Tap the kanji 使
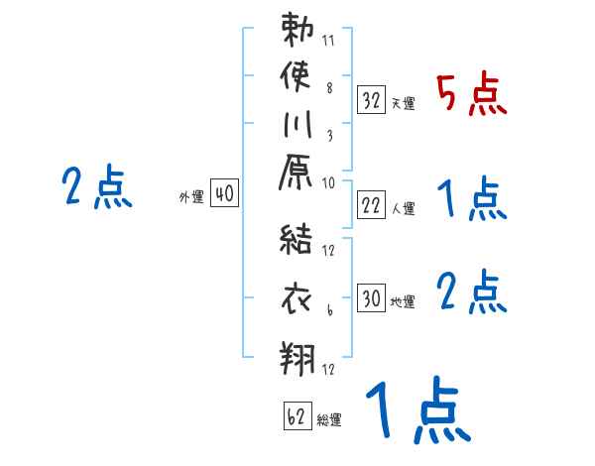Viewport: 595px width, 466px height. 298,78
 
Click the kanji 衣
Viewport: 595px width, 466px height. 298,298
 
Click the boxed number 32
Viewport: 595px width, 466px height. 372,100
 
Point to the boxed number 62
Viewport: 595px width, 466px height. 296,416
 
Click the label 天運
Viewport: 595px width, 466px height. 402,103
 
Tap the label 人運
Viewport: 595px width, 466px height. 403,208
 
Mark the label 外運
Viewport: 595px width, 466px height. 191,197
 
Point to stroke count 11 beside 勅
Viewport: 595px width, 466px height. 328,43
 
